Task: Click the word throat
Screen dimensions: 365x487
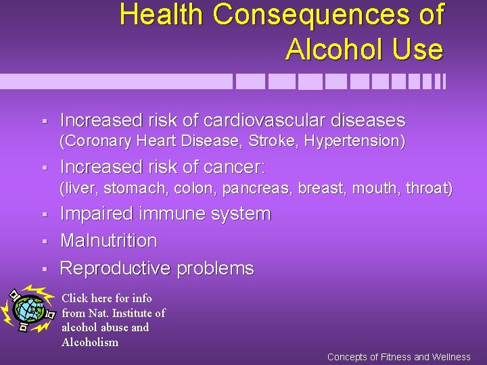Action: (429, 188)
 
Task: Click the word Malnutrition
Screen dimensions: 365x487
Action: (108, 241)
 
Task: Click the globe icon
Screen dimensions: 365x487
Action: (28, 310)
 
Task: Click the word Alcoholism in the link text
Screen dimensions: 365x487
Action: (90, 342)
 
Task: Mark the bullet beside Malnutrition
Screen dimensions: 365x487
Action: (43, 241)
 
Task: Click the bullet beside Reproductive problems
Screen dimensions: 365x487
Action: (43, 269)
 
